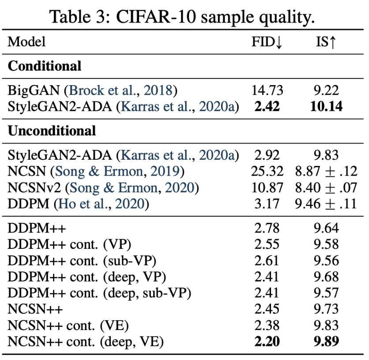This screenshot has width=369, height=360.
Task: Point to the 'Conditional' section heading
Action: click(x=45, y=66)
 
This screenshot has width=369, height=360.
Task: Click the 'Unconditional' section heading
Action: click(x=52, y=131)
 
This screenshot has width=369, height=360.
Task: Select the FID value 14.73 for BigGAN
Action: click(x=267, y=90)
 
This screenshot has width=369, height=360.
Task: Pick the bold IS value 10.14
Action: click(x=326, y=107)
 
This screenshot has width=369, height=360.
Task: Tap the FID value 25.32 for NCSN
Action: click(x=267, y=171)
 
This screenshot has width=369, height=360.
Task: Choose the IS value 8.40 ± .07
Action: click(x=326, y=188)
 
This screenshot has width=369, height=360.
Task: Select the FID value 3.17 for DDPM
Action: click(x=267, y=204)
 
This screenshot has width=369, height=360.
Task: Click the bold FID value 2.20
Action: click(x=267, y=341)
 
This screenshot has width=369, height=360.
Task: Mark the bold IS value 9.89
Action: click(x=326, y=341)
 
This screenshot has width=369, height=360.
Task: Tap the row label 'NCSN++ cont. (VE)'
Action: click(x=68, y=325)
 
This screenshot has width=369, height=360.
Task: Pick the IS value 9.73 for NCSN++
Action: click(x=326, y=309)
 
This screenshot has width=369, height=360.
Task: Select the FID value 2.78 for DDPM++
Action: click(x=267, y=228)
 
